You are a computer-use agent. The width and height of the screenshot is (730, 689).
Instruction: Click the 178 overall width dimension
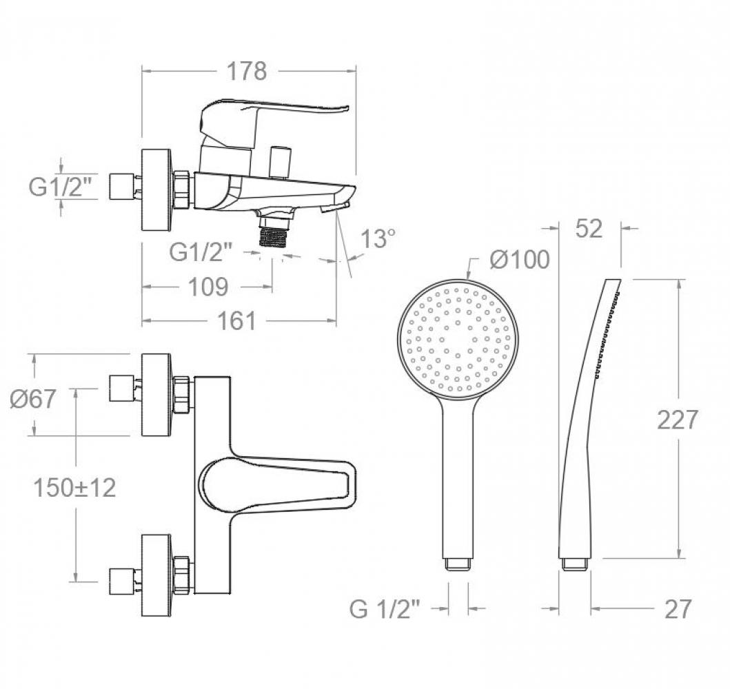coord(246,71)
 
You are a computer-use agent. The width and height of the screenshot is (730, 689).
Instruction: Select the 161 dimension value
coord(237,321)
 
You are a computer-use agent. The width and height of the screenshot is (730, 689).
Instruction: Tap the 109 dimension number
coord(208,287)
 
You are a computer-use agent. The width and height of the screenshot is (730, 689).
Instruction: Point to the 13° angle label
coord(378,239)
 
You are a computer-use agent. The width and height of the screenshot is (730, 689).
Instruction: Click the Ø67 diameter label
coord(33,399)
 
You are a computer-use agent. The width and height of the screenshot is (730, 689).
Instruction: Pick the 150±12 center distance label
coord(74,488)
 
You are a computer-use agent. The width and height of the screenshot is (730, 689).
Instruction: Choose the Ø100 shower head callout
coord(520,259)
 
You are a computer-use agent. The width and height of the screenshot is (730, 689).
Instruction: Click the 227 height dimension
coord(678,420)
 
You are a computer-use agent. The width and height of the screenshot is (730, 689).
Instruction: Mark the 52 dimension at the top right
coord(589,229)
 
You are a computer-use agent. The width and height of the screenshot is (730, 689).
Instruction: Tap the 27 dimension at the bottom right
coord(678,609)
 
